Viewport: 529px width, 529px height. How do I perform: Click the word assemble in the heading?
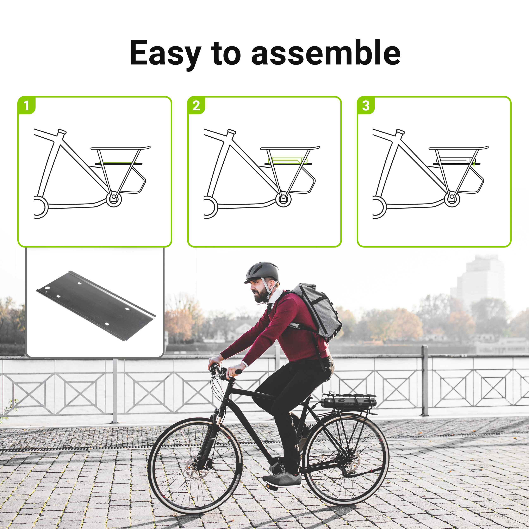326,52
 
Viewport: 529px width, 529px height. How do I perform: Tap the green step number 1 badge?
27,105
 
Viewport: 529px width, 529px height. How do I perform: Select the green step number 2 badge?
196,105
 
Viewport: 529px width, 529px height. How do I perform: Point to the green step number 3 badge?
366,105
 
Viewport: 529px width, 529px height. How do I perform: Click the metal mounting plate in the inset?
96,306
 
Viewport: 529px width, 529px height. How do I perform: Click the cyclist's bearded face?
259,291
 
